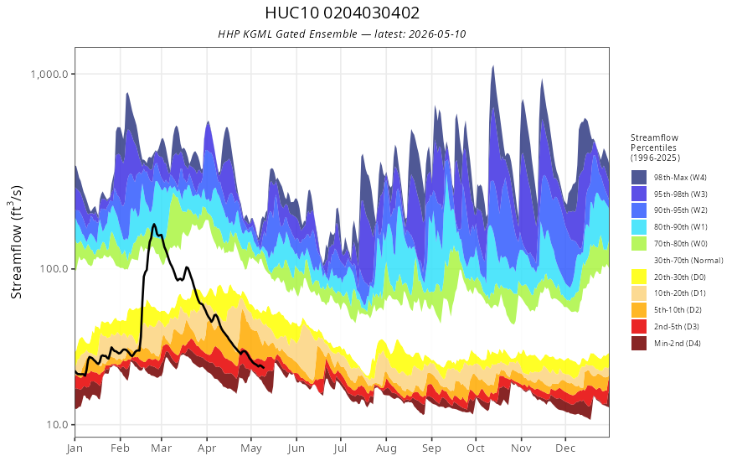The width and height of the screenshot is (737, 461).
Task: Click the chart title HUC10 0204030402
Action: pyautogui.click(x=343, y=13)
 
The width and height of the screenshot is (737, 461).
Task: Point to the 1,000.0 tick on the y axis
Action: pyautogui.click(x=49, y=74)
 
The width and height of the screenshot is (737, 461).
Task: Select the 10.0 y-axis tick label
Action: pyautogui.click(x=57, y=424)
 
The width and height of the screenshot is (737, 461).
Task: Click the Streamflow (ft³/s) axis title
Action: pyautogui.click(x=16, y=241)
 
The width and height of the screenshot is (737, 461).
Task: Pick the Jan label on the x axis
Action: pyautogui.click(x=75, y=448)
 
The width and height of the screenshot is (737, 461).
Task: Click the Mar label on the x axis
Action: pyautogui.click(x=161, y=448)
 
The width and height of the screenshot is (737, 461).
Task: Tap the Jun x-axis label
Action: pyautogui.click(x=296, y=448)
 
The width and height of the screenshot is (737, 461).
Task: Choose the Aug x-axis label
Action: pyautogui.click(x=386, y=448)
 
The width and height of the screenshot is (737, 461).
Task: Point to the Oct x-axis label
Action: pyautogui.click(x=476, y=448)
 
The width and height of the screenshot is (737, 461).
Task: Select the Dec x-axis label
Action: pyautogui.click(x=565, y=448)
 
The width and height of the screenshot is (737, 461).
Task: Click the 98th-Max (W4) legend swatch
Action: pyautogui.click(x=639, y=178)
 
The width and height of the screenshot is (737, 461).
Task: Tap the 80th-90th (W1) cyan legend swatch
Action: pyautogui.click(x=639, y=227)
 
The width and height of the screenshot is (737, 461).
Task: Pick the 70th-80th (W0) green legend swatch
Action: pyautogui.click(x=639, y=244)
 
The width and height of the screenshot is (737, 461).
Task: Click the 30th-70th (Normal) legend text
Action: pyautogui.click(x=688, y=260)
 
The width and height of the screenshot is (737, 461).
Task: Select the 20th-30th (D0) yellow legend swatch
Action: pyautogui.click(x=639, y=277)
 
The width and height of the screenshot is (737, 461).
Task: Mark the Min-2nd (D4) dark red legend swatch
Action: pyautogui.click(x=639, y=343)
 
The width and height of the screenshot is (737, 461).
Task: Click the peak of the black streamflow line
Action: pyautogui.click(x=154, y=225)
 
